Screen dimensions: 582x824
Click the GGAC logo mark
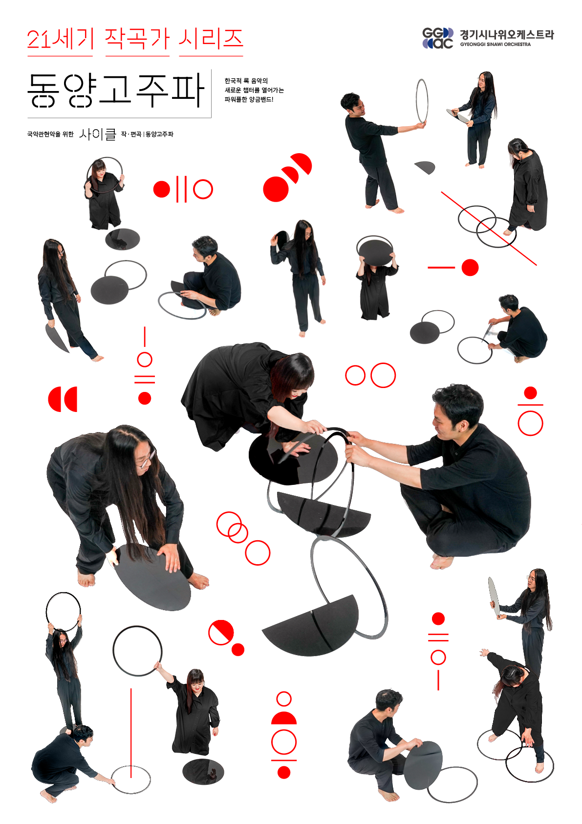[x=438, y=38]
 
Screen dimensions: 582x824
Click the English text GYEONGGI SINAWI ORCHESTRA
[x=496, y=45]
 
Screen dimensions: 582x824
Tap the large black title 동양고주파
[x=116, y=91]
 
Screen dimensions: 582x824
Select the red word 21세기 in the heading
[x=60, y=39]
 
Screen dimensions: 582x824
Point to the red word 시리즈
[x=211, y=39]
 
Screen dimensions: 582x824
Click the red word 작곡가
[x=137, y=39]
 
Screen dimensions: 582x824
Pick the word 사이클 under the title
[x=98, y=134]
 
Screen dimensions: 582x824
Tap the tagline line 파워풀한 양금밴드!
[x=249, y=99]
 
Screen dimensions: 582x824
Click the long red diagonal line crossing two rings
[x=489, y=228]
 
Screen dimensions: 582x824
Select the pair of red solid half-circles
[x=63, y=399]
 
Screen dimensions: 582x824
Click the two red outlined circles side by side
[x=370, y=375]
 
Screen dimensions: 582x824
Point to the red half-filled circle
[x=221, y=632]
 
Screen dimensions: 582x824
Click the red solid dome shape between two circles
[x=283, y=718]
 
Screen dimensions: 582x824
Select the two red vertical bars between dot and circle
[x=181, y=189]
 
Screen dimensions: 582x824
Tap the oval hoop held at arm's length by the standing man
[x=422, y=101]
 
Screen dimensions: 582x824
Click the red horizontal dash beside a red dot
[x=441, y=268]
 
